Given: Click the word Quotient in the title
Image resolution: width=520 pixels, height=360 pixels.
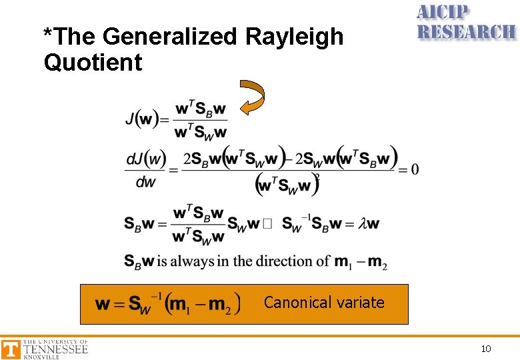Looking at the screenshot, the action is click(93, 63).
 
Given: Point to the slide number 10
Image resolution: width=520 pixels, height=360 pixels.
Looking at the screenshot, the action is click(486, 349).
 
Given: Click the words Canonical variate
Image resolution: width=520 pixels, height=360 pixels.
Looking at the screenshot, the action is click(324, 303).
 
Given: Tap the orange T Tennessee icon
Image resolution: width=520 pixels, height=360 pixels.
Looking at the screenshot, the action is click(11, 349).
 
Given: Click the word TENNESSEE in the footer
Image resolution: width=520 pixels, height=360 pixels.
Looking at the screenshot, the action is click(55, 349).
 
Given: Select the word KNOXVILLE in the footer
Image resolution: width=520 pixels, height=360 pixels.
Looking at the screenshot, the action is click(41, 357).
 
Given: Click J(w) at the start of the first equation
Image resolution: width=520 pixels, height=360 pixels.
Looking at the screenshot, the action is click(141, 120).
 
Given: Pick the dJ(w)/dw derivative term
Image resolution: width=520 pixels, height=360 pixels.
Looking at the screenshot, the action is click(145, 170).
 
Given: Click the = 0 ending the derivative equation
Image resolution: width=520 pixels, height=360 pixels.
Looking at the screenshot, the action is click(409, 169).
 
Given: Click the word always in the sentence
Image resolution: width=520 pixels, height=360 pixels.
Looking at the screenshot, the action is click(193, 261).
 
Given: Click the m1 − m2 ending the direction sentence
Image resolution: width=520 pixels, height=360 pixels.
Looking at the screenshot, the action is click(360, 261).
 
